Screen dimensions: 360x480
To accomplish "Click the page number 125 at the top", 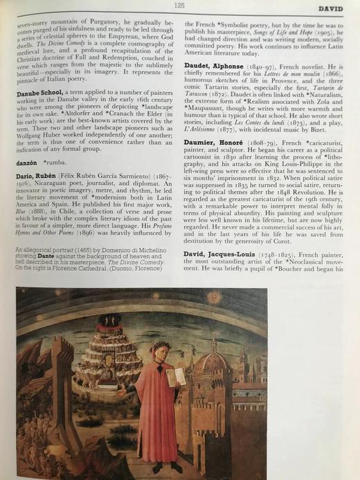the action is click(x=179, y=6).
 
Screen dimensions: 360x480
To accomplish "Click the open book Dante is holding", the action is click(x=178, y=377).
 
